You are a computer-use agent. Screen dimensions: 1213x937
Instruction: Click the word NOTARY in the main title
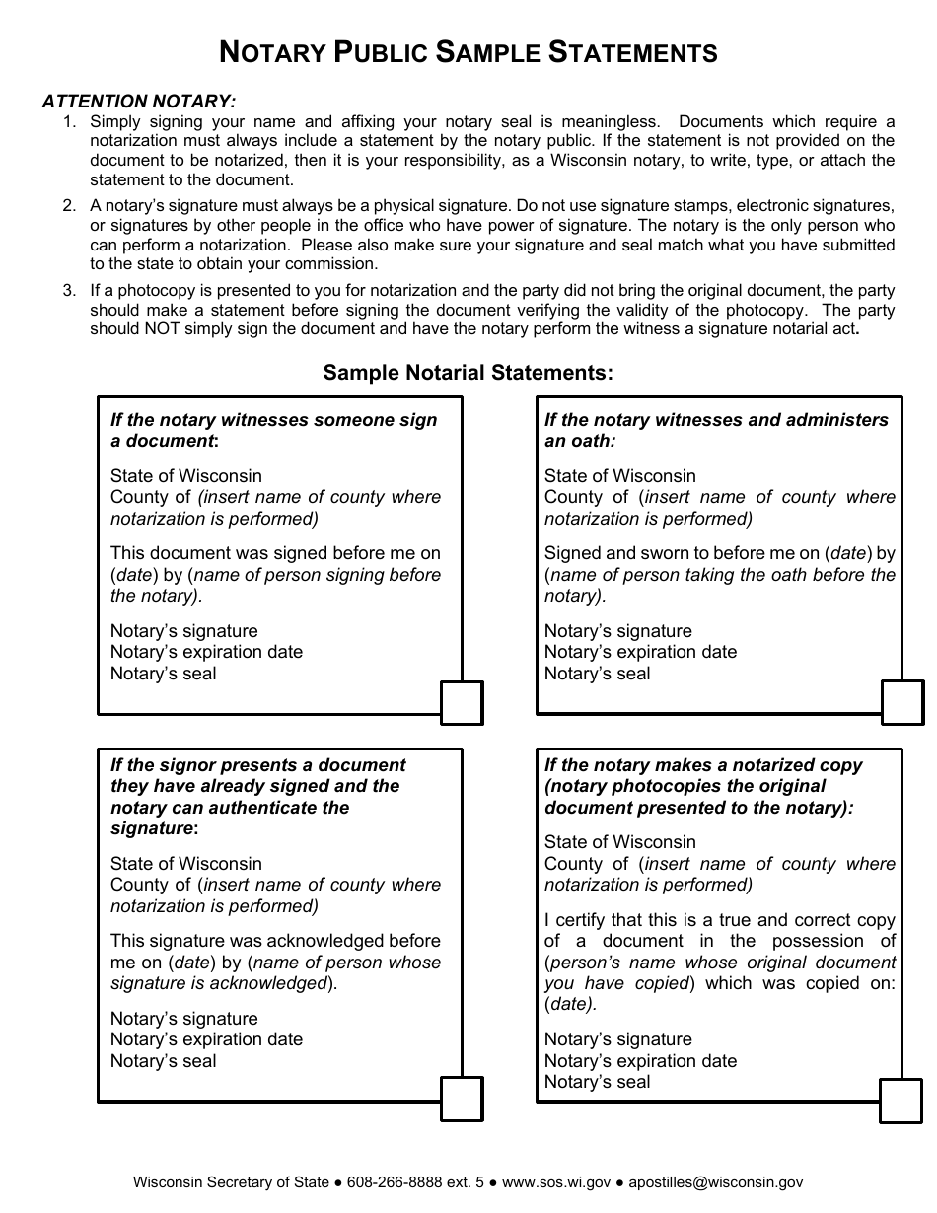[x=272, y=52]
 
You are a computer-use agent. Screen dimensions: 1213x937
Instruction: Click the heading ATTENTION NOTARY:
[x=139, y=101]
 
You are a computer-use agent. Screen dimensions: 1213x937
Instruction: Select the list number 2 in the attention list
[x=69, y=206]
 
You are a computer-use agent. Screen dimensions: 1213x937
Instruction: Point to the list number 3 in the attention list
[x=69, y=291]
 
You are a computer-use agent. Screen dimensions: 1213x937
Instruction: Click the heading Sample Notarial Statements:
[x=468, y=373]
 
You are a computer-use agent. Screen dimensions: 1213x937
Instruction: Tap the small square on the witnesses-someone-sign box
[x=462, y=703]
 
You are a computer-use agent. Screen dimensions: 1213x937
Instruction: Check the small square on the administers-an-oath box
[x=902, y=702]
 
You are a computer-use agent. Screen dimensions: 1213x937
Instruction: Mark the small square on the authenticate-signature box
[x=462, y=1099]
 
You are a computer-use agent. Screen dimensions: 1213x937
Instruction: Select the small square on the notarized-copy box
[x=901, y=1101]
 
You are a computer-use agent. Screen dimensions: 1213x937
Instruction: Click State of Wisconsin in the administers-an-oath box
[x=619, y=476]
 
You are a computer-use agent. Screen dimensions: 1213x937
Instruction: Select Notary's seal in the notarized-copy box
[x=597, y=1082]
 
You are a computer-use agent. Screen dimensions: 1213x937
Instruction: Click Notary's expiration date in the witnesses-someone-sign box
[x=206, y=652]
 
